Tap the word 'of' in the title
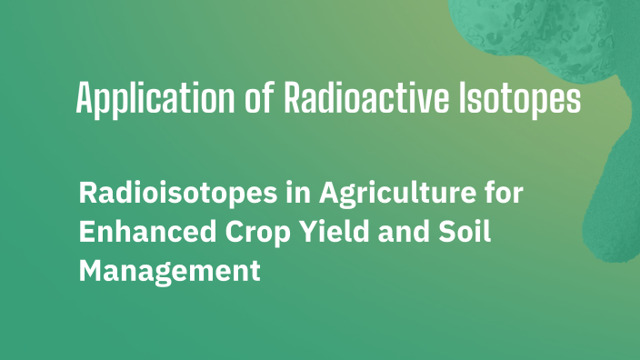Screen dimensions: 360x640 click(x=263, y=97)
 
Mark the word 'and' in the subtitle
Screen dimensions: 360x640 click(x=400, y=232)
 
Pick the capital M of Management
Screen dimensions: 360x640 click(x=92, y=270)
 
